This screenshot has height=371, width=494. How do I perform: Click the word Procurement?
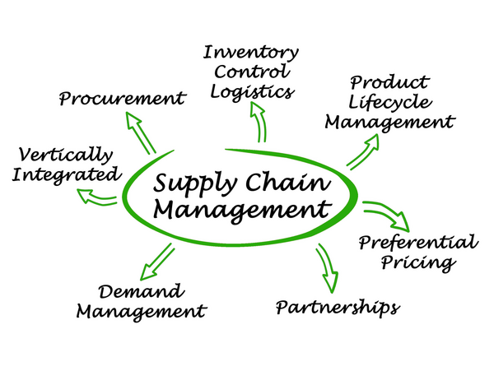pyautogui.click(x=121, y=100)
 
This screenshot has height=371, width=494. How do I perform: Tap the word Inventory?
pyautogui.click(x=250, y=53)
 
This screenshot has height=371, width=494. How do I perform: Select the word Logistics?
pyautogui.click(x=250, y=91)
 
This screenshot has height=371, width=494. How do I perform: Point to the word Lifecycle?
pyautogui.click(x=388, y=103)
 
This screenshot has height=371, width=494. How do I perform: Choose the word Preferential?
pyautogui.click(x=417, y=243)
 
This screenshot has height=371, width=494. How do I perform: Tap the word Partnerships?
pyautogui.click(x=337, y=308)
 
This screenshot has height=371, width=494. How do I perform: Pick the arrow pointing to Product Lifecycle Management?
pyautogui.click(x=362, y=151)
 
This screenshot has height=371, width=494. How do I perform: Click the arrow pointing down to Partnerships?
pyautogui.click(x=325, y=267)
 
